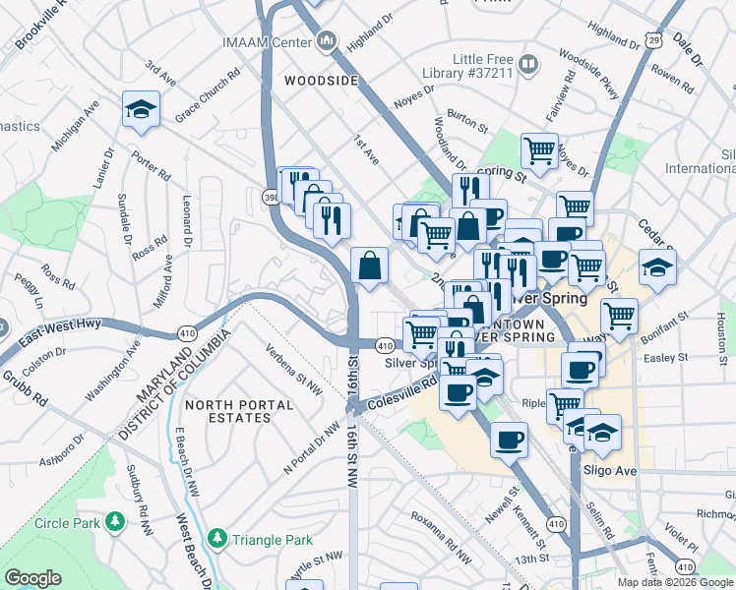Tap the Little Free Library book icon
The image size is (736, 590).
click(x=528, y=65)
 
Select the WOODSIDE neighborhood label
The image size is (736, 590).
click(x=321, y=81)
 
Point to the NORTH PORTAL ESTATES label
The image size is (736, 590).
click(x=239, y=411)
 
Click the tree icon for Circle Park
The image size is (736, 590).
click(x=116, y=520)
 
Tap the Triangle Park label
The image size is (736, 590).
click(x=273, y=540)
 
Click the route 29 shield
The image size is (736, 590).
click(x=654, y=38)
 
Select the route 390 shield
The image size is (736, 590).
click(x=270, y=196)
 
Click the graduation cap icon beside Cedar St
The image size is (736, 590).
click(x=656, y=266)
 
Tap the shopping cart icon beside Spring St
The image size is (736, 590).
click(x=539, y=150)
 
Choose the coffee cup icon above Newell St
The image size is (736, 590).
click(x=509, y=440)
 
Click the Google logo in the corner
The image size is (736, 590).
click(x=32, y=578)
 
